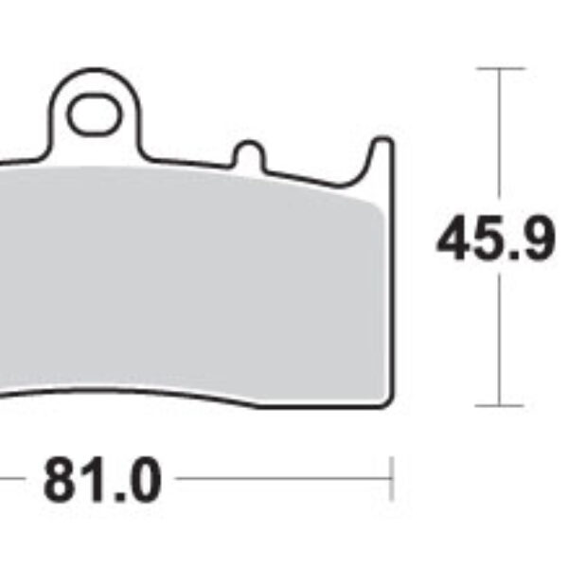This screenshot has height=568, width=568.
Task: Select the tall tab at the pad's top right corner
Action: coord(382,157)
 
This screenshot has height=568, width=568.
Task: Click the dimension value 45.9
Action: coord(495,242)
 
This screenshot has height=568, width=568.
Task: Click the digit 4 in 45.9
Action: coord(455,242)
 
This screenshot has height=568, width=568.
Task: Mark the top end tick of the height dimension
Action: coord(499,69)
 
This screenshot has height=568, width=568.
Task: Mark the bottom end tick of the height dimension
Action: coord(499,405)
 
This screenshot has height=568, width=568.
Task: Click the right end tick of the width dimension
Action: coord(391,479)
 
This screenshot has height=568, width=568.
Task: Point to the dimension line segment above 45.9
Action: coord(499,142)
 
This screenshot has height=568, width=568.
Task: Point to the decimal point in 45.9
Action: coord(512,257)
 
